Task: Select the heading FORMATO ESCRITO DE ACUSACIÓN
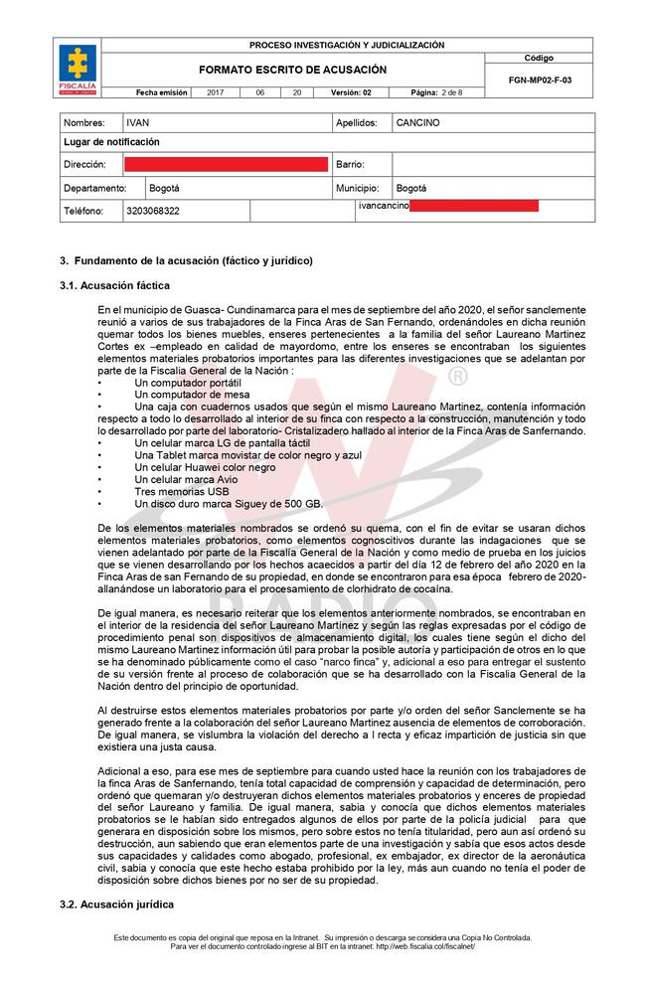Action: pyautogui.click(x=292, y=70)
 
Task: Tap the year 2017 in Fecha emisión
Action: pyautogui.click(x=216, y=92)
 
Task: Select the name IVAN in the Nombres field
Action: pyautogui.click(x=137, y=123)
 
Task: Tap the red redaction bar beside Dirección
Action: pyautogui.click(x=226, y=164)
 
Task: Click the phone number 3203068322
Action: pyautogui.click(x=153, y=211)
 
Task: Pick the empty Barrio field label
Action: pyautogui.click(x=351, y=164)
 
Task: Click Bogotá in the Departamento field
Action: pyautogui.click(x=164, y=187)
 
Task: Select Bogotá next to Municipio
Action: pyautogui.click(x=411, y=187)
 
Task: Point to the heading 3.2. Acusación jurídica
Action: pyautogui.click(x=116, y=905)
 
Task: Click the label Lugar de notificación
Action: pyautogui.click(x=111, y=142)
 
